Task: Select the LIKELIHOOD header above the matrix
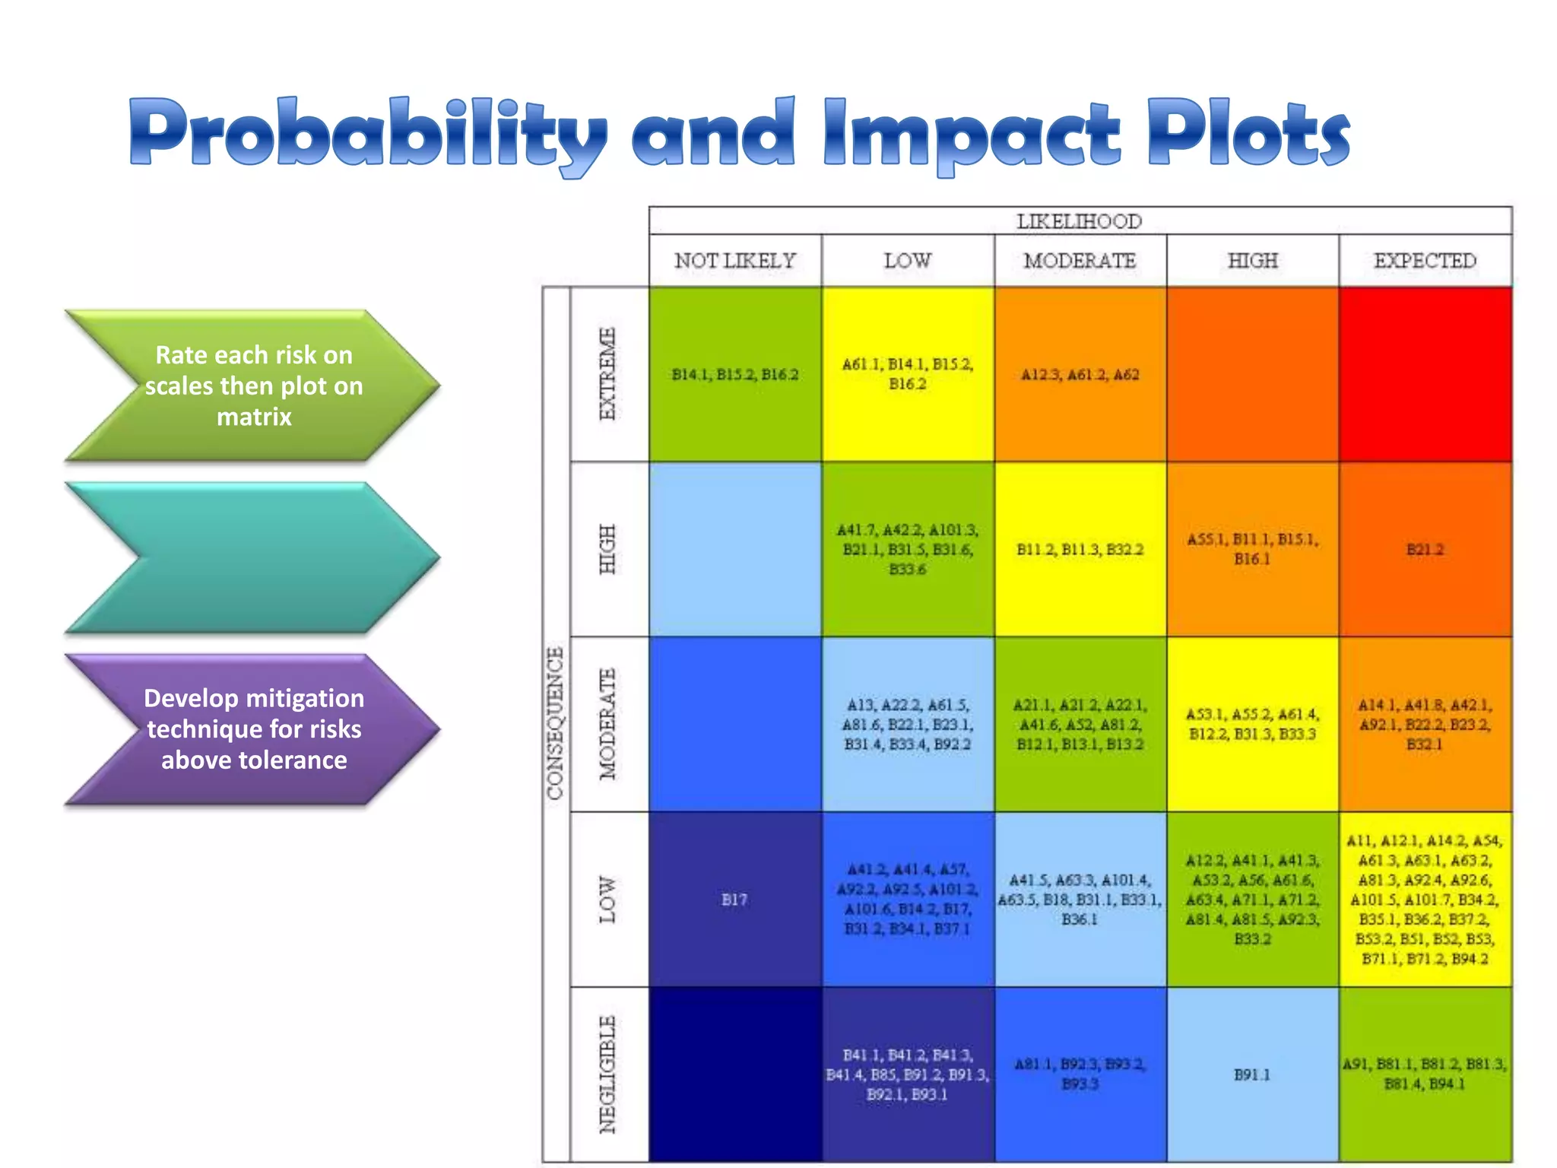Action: (1079, 221)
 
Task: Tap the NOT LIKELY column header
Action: (734, 261)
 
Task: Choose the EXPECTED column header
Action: (1425, 261)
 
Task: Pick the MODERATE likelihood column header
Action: (1080, 261)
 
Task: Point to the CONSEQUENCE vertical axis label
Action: (556, 722)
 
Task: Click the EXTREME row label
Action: (607, 373)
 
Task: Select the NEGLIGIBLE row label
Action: (607, 1074)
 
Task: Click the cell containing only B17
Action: (734, 900)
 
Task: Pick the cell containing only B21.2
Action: (1425, 549)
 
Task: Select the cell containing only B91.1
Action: (1252, 1074)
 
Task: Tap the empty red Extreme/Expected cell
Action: (1425, 373)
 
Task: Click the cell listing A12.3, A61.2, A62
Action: (1080, 373)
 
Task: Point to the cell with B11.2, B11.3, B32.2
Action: (1080, 549)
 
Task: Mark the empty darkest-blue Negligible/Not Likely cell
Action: (734, 1074)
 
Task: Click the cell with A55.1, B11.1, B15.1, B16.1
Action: (1252, 549)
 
